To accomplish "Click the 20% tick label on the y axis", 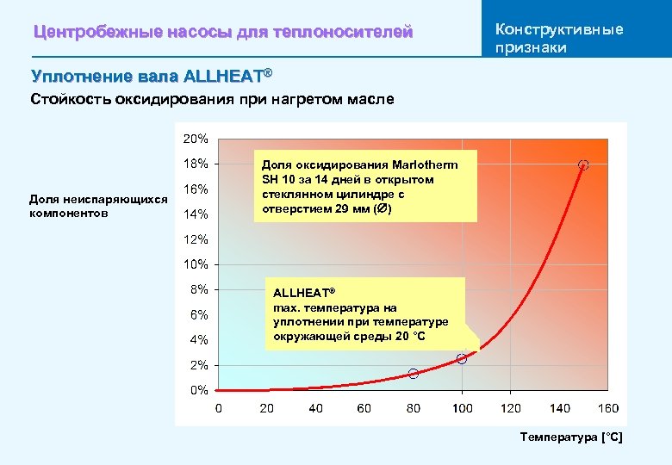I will pos(196,138).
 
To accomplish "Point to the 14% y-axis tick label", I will pos(196,214).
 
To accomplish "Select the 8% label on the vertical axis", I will pos(198,289).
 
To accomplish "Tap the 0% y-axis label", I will pos(198,390).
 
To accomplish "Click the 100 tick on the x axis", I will pos(463,408).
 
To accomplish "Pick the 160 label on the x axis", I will pos(607,408).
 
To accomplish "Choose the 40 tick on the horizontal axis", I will pos(316,408).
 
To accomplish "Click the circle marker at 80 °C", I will pos(414,374).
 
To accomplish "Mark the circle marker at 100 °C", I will pos(462,359).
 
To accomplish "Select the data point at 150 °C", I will pos(583,164).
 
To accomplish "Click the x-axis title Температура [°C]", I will pos(570,438).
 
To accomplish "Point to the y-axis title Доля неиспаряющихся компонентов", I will pos(98,206).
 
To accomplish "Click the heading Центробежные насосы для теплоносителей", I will pos(223,33).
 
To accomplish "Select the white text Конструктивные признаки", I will pos(559,38).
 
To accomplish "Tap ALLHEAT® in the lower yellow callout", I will pos(304,293).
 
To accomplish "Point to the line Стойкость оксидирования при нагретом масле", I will pos(212,100).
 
